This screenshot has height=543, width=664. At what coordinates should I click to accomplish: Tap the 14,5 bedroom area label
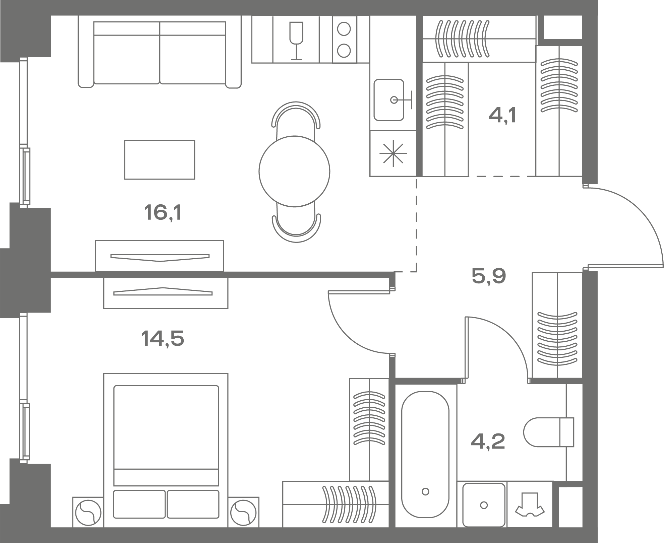(x=163, y=338)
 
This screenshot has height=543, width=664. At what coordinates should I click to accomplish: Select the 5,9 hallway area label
(x=488, y=276)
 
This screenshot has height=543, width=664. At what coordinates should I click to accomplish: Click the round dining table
(x=294, y=171)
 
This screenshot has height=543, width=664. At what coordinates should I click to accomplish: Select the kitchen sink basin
(x=389, y=100)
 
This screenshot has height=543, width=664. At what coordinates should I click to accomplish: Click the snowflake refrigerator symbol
(x=393, y=154)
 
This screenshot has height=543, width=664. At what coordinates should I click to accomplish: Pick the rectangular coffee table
(x=160, y=159)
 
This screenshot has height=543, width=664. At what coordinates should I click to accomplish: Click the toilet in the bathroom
(x=549, y=432)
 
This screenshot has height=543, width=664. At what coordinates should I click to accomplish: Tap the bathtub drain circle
(x=426, y=492)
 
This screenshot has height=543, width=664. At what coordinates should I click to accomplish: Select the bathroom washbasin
(x=484, y=504)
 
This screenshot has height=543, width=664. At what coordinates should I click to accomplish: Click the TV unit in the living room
(x=160, y=256)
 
